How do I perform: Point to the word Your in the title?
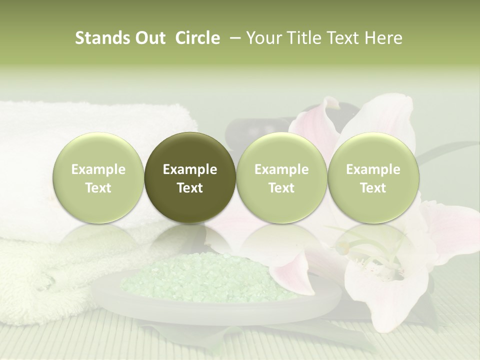point(263,38)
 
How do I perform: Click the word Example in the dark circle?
point(190,169)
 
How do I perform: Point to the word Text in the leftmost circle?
point(98,188)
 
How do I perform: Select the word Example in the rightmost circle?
point(373,169)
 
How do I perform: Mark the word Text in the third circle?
point(281,188)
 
